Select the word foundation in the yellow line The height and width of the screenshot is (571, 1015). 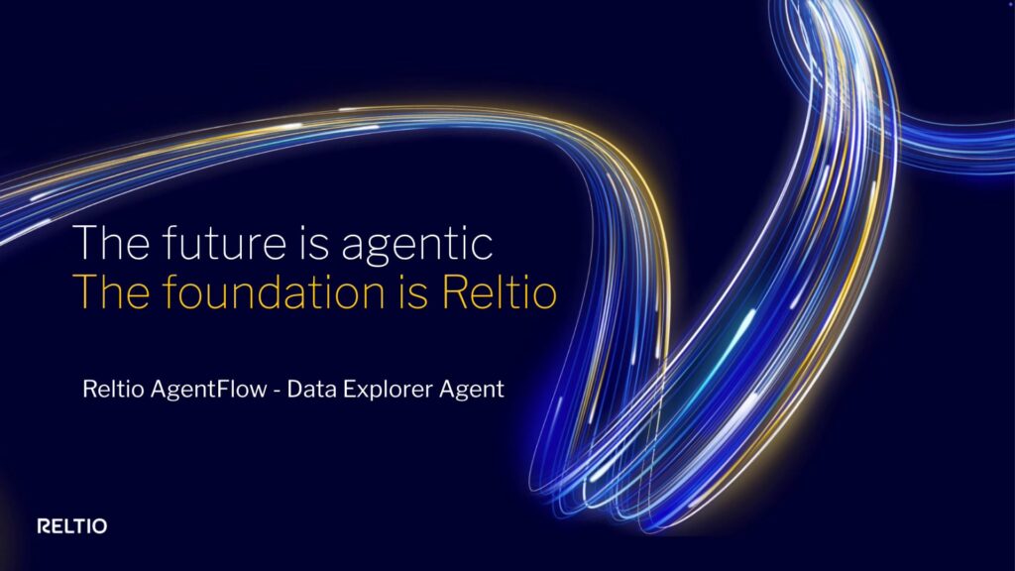click(x=269, y=295)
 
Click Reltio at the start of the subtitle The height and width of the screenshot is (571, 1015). click(x=113, y=390)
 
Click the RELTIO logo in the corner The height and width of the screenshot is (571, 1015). click(x=71, y=525)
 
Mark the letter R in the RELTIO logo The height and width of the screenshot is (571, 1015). click(x=43, y=525)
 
